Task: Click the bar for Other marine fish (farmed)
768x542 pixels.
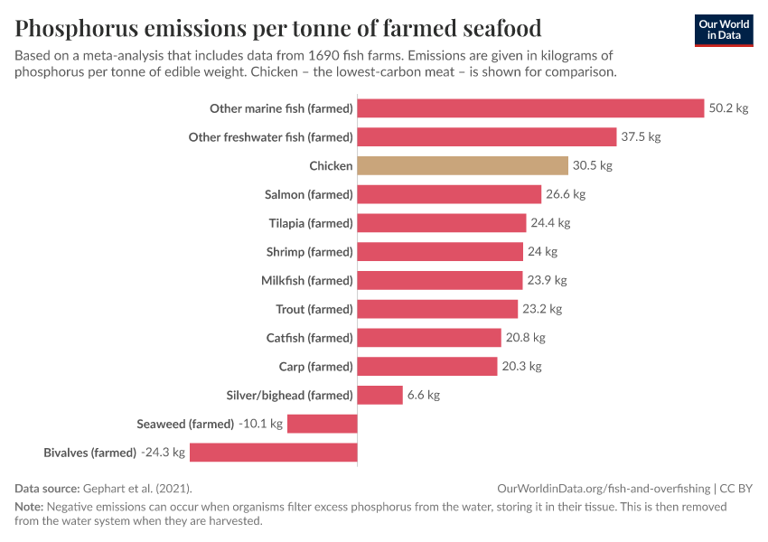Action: pos(530,108)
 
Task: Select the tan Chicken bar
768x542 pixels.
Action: pos(463,166)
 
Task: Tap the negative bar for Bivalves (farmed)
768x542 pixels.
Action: pos(273,453)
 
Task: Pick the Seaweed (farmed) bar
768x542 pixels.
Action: pos(322,424)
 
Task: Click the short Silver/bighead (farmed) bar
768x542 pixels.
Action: pos(379,395)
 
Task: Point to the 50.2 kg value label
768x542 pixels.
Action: pos(728,108)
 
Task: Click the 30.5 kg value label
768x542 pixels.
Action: pos(592,166)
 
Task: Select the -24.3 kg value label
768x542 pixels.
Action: pos(163,453)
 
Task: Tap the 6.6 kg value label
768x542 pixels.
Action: pos(423,395)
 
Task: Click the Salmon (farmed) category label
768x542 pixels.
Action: pos(308,194)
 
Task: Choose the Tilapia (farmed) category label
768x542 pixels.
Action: pos(310,223)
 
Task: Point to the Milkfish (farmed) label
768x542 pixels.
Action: pos(306,280)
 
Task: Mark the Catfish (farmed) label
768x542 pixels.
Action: pos(309,338)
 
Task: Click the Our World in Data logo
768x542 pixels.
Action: pos(723,30)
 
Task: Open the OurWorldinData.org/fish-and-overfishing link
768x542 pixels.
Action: pos(604,488)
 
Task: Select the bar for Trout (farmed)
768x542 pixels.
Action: pos(437,309)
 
